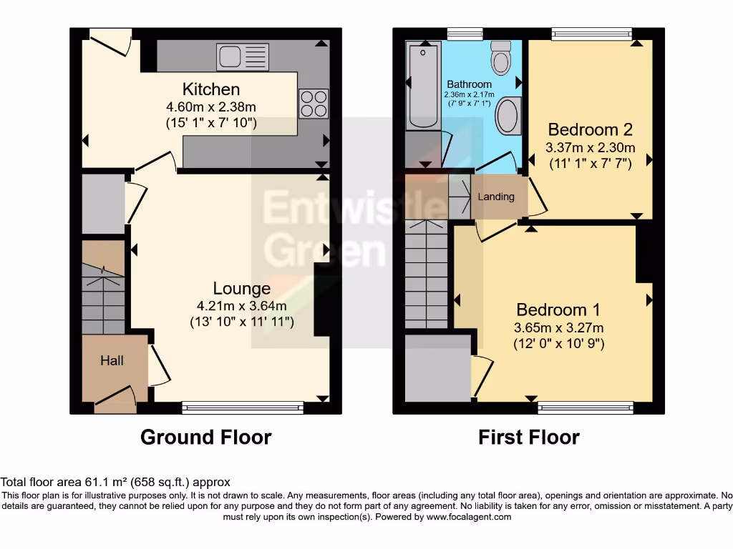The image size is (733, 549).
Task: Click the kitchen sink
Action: [243, 56]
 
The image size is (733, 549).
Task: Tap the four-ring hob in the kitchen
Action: [313, 103]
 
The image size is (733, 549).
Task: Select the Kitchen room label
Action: [211, 89]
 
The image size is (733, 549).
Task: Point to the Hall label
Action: [112, 361]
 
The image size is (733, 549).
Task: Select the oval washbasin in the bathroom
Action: [509, 116]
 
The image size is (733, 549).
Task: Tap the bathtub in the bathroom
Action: [424, 86]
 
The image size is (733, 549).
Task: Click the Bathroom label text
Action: [470, 84]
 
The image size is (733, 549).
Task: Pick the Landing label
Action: [496, 197]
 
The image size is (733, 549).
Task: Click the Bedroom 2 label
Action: [590, 130]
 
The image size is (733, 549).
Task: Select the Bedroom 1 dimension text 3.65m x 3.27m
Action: [558, 328]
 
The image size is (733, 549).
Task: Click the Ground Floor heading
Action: [206, 437]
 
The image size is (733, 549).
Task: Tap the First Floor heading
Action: [529, 437]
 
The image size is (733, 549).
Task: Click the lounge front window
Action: [243, 408]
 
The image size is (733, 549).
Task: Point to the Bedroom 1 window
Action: [586, 408]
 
